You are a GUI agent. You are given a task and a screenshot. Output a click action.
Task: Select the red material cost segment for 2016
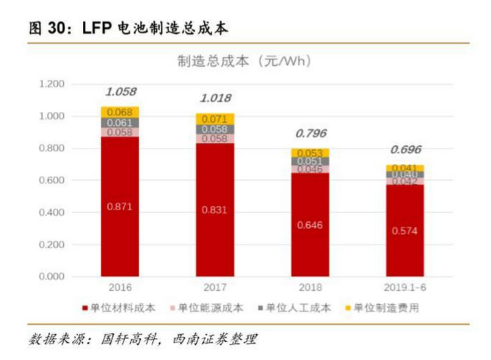point(120,206)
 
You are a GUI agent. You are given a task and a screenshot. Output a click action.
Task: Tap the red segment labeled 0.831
point(214,210)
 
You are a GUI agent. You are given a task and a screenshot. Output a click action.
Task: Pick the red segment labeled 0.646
point(309,225)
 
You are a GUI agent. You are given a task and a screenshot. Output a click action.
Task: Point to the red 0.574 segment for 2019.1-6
point(404,231)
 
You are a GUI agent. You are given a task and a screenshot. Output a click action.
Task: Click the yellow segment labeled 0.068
point(120,112)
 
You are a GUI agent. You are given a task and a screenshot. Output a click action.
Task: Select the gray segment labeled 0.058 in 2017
point(214,130)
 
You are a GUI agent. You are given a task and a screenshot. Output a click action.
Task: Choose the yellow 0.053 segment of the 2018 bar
point(309,153)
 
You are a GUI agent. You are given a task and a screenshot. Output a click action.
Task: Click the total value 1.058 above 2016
point(120,92)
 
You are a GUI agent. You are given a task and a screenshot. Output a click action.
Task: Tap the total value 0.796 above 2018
point(311,133)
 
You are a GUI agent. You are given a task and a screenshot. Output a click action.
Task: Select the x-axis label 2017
point(214,287)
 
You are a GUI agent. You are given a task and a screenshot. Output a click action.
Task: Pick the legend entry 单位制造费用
point(385,308)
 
